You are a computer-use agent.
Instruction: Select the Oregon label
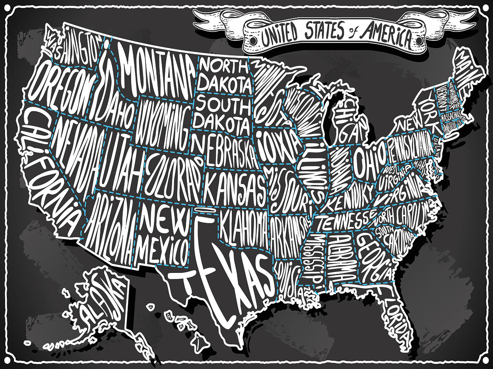(x=60, y=85)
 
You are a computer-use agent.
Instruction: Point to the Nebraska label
(x=225, y=153)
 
